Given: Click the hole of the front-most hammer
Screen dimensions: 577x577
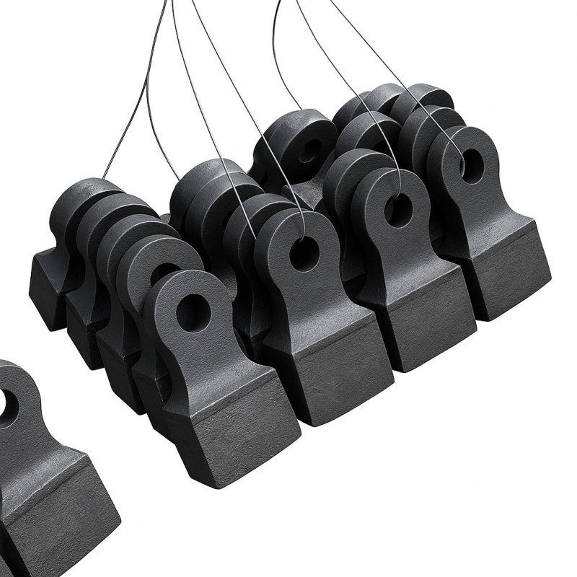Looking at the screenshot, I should [x=193, y=312].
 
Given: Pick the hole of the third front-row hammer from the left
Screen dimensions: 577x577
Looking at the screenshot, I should [x=397, y=210].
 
